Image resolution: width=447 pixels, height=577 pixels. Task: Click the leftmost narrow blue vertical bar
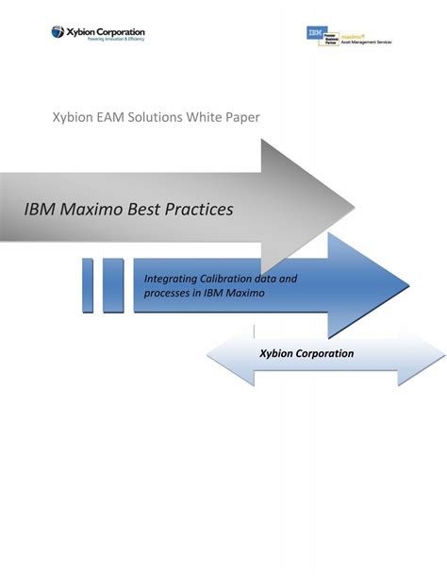tap(87, 284)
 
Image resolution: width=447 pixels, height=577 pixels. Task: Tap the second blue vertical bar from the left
tap(113, 284)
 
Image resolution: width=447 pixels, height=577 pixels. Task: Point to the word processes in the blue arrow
tap(169, 293)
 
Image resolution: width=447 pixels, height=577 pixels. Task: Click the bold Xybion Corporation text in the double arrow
tap(306, 353)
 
